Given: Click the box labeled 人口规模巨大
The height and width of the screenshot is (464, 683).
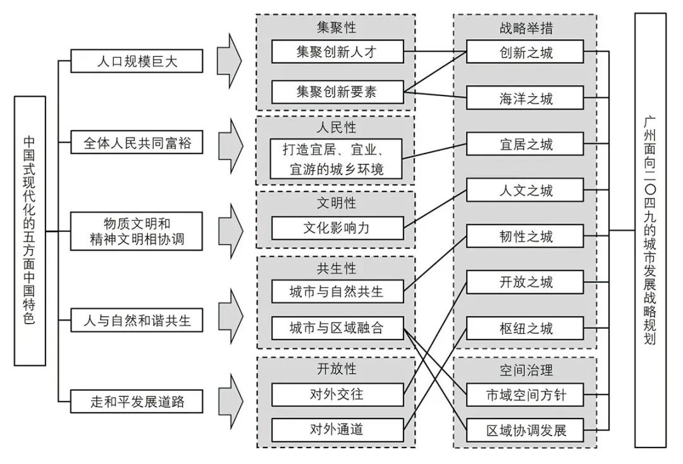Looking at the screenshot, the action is (x=137, y=61).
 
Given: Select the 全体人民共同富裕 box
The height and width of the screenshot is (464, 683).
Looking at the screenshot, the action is (x=137, y=142).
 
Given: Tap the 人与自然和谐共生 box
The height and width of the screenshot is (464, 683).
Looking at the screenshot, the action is (x=137, y=321).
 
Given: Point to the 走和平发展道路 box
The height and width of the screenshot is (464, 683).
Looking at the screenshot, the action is (x=137, y=401).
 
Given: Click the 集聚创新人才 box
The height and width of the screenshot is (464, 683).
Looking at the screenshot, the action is (x=338, y=51).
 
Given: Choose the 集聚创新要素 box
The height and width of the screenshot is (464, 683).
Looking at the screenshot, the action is (x=338, y=92).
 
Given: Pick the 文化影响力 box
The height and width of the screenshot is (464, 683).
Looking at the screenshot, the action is (x=338, y=228).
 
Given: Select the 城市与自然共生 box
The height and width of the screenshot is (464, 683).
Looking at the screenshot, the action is (x=338, y=291).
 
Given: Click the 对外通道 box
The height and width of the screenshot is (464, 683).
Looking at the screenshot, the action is (x=338, y=430).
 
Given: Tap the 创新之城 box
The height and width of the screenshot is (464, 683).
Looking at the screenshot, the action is (x=525, y=52).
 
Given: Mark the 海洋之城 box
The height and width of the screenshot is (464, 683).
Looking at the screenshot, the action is (x=525, y=97).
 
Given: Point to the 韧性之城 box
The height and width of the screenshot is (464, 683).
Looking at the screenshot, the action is (x=525, y=236).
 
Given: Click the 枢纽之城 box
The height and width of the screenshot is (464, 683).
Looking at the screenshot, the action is (x=525, y=327).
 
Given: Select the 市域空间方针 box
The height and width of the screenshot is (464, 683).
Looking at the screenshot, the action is (x=525, y=395).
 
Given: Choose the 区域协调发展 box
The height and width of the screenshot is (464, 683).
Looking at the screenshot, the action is (x=525, y=430).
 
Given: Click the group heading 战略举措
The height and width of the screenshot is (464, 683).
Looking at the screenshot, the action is (x=526, y=28).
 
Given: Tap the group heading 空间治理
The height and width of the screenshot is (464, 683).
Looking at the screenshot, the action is (x=526, y=370).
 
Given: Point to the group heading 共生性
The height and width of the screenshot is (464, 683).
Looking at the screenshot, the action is (x=336, y=269).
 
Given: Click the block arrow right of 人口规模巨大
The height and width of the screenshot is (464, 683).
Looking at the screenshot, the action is (x=230, y=61).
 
